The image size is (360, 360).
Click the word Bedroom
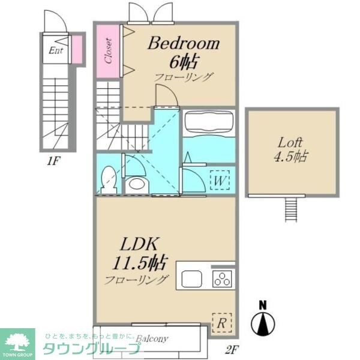click(184, 43)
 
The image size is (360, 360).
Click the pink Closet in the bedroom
click(109, 51)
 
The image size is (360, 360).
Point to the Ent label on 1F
click(56, 50)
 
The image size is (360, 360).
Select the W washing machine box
click(219, 179)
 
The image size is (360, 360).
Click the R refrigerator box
click(221, 323)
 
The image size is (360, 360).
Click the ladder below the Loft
click(291, 210)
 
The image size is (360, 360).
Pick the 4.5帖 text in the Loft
click(291, 157)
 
